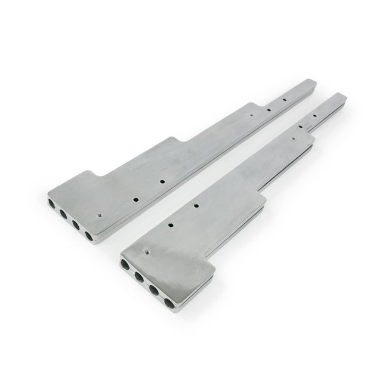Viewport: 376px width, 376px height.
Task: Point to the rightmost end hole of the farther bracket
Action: coord(90,236)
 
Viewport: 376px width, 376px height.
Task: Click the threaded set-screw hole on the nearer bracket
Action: coord(146,251)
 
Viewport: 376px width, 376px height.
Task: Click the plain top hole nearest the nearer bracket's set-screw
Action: coord(171,225)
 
